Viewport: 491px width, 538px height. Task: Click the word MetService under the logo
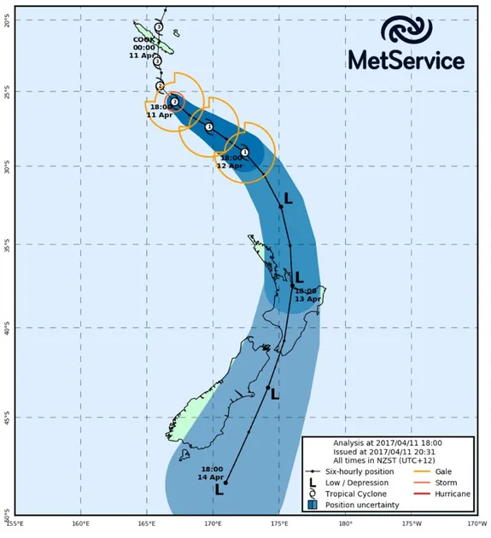[406, 61]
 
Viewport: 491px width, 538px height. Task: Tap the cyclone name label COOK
[143, 39]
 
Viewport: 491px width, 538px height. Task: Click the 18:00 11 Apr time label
[160, 110]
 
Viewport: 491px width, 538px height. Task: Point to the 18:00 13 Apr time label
[307, 295]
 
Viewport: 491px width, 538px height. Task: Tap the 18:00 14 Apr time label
[213, 472]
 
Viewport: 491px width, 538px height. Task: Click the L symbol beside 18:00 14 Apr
[219, 490]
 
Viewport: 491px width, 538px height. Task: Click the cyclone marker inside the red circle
[175, 101]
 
